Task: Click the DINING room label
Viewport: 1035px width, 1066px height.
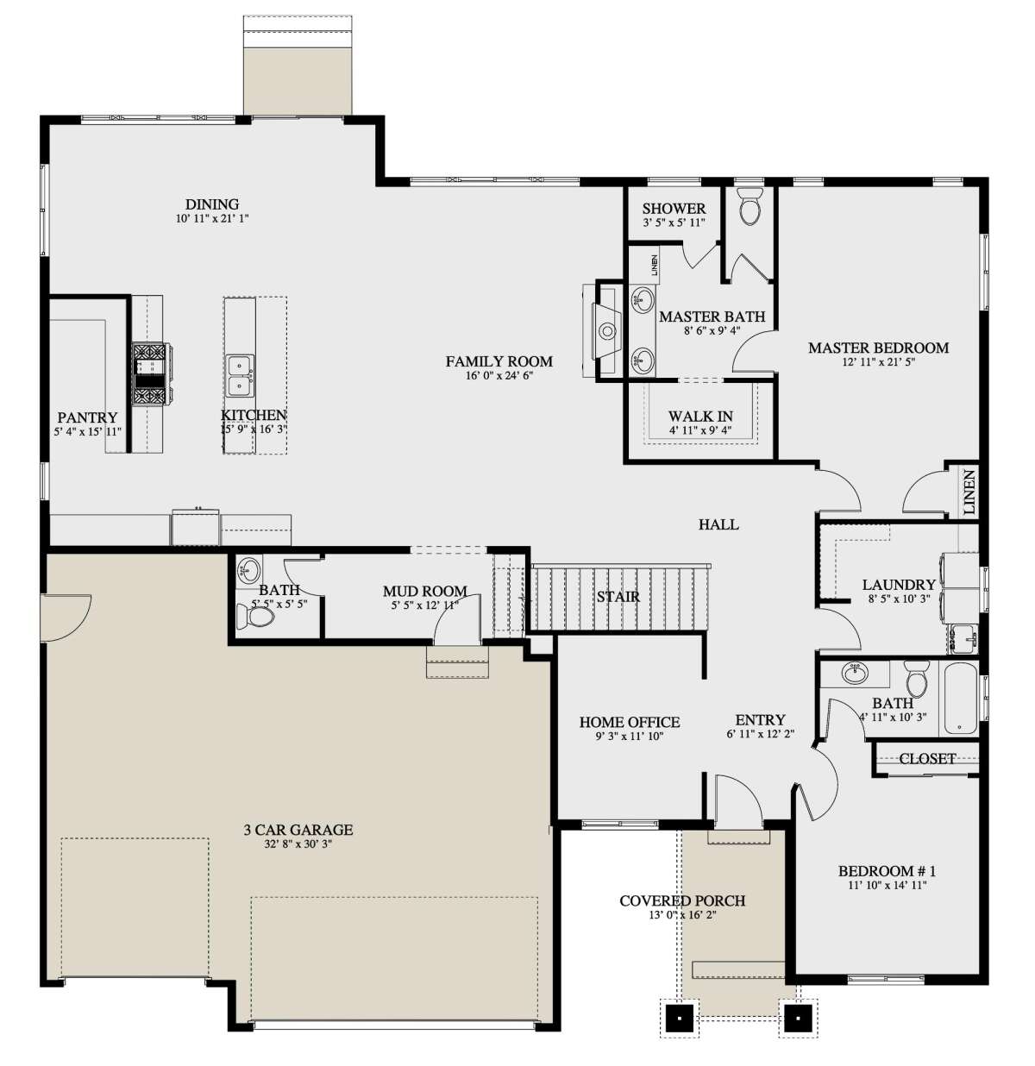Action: click(212, 204)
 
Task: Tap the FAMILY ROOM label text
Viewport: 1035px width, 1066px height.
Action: click(499, 361)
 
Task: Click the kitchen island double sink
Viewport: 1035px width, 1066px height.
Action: click(240, 374)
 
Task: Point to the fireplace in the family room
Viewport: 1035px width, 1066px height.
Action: click(607, 329)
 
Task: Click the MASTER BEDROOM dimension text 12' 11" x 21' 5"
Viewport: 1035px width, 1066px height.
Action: click(878, 362)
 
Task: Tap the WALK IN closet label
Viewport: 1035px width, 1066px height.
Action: click(700, 417)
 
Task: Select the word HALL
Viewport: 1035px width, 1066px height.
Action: click(718, 524)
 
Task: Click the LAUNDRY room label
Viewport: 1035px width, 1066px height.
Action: click(899, 585)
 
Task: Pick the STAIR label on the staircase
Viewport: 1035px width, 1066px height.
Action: click(618, 597)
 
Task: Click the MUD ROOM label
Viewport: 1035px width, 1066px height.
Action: click(425, 592)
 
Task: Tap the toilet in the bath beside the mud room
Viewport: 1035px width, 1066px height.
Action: click(254, 618)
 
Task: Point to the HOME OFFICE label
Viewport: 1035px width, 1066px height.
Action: click(630, 723)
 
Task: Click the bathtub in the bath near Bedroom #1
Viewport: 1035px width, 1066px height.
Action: click(958, 699)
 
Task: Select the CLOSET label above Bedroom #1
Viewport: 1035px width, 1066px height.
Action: click(927, 759)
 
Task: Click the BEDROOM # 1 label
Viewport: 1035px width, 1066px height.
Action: click(887, 871)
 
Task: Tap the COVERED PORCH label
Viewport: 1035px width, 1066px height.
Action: click(682, 901)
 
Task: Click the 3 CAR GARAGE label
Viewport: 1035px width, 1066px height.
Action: click(298, 831)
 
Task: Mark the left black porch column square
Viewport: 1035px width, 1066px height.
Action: click(681, 1018)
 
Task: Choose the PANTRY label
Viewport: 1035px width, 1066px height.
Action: click(87, 418)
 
